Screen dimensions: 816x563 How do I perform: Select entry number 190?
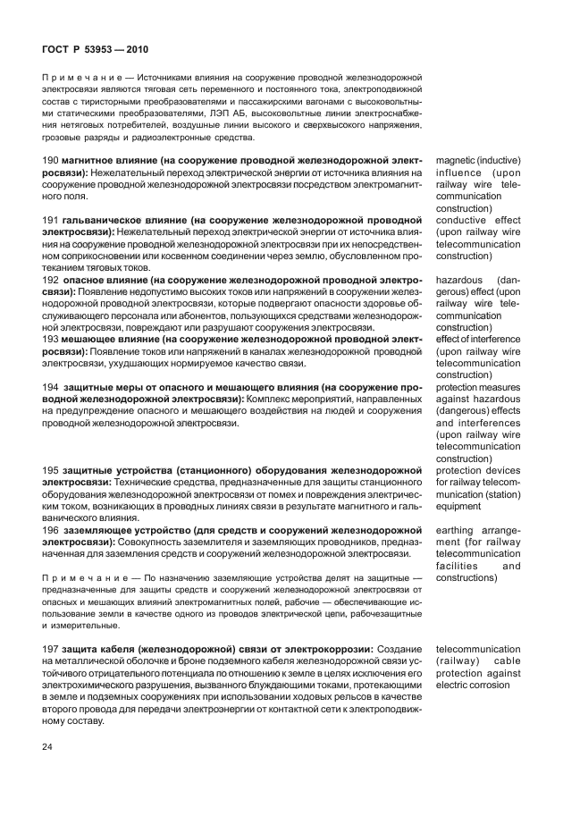point(51,160)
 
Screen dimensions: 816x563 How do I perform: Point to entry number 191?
point(51,219)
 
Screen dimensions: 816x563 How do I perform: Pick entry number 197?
point(51,648)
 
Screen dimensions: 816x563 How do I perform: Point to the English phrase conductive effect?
point(478,220)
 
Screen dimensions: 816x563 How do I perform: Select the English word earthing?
point(456,530)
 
